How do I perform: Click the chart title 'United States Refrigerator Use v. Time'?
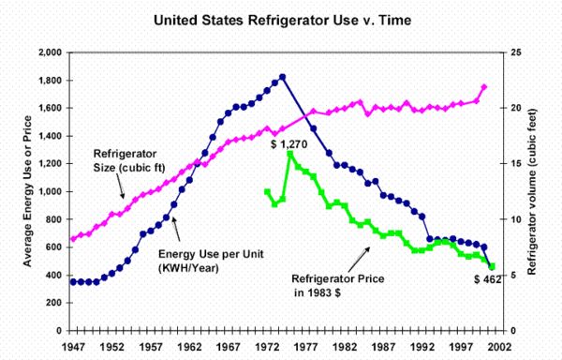283,20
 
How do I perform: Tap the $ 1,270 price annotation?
288,144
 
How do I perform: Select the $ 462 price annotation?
487,279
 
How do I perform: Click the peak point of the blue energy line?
283,77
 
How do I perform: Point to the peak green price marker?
290,154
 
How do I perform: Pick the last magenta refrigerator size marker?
484,87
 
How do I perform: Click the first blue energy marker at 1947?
73,282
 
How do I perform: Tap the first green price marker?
267,192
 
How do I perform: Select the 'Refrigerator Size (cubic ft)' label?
129,160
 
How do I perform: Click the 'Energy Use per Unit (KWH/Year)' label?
211,261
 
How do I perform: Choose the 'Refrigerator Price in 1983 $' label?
337,285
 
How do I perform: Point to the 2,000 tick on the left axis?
50,52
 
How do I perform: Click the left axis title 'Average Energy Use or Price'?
27,191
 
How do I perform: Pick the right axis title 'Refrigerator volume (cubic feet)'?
532,192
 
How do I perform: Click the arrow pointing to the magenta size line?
120,186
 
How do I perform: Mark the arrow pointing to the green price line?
359,260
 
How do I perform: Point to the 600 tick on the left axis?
53,247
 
